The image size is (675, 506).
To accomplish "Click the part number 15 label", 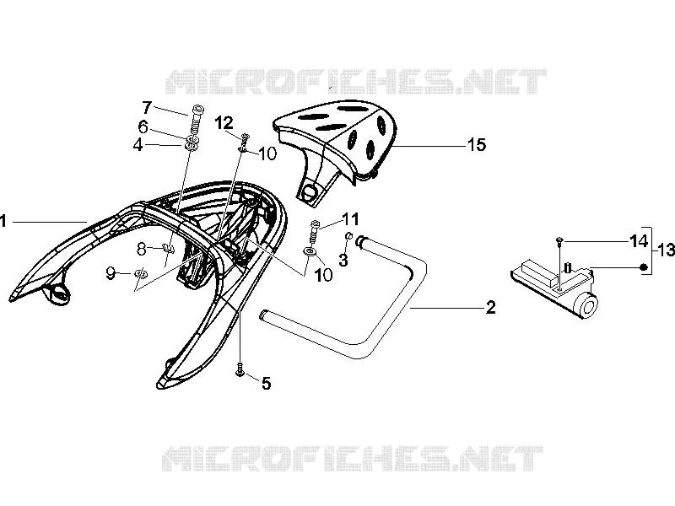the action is pos(477,145).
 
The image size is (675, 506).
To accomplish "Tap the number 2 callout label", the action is pos(491,307).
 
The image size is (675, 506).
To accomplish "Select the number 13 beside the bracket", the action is pos(666,250).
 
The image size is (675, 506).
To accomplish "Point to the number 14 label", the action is pos(639,241).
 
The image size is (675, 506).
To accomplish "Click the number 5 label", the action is pos(267,383).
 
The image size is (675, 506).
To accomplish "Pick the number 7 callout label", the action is pos(147,107).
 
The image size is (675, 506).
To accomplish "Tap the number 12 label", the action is pos(224,123).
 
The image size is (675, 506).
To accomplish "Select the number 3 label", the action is pos(343,260).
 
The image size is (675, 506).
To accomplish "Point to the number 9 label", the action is pos(111,272).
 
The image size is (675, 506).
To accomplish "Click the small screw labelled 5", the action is pos(240,369).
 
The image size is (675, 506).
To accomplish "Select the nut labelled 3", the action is pos(349,236).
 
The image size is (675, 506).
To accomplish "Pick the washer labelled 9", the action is pos(140,273).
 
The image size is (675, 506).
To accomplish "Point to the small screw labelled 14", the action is pos(559,242).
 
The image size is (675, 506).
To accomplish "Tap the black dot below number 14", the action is pos(644,267).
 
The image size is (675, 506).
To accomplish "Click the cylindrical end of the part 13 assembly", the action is pos(587,306).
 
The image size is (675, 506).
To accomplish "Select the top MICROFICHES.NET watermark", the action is pos(356,81).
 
